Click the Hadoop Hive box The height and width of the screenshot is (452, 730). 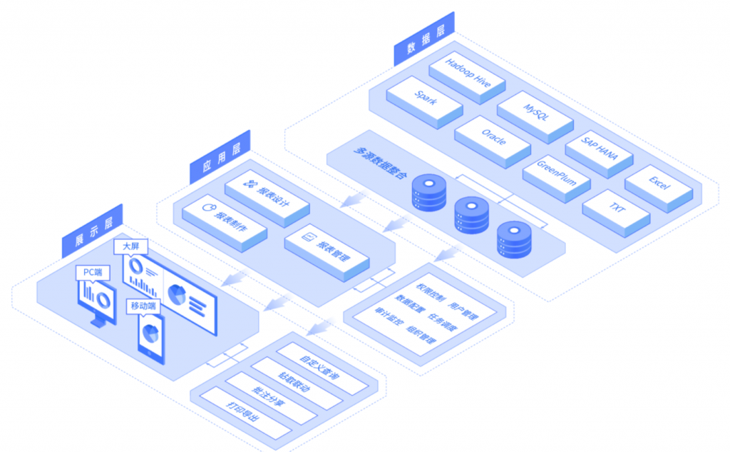coord(467,72)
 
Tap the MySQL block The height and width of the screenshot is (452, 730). coord(535,113)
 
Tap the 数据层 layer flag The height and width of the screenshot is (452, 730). coord(424,40)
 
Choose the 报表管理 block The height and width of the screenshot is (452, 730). coord(327,244)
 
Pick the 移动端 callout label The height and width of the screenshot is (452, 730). coord(143,306)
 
